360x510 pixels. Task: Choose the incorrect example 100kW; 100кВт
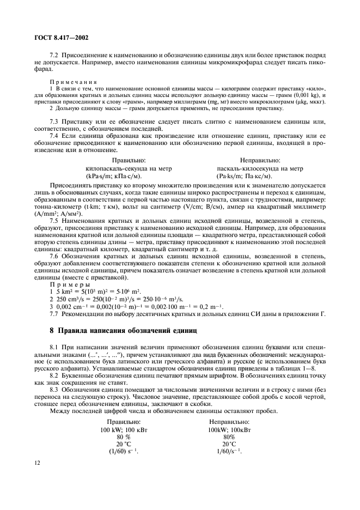[229, 414]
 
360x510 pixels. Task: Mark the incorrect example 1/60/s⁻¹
[229, 436]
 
